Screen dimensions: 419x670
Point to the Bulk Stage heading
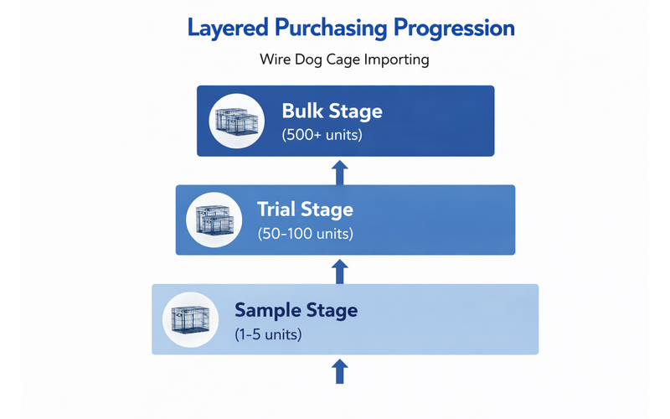(332, 111)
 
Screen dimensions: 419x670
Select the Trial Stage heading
(304, 209)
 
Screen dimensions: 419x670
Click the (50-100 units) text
(305, 233)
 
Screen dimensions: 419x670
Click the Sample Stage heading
(296, 310)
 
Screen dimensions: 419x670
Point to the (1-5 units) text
(268, 334)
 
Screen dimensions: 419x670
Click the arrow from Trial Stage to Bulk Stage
(339, 173)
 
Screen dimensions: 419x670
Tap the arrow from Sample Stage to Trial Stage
(339, 270)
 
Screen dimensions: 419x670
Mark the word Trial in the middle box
(280, 209)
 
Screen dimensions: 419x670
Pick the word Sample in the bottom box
(265, 310)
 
